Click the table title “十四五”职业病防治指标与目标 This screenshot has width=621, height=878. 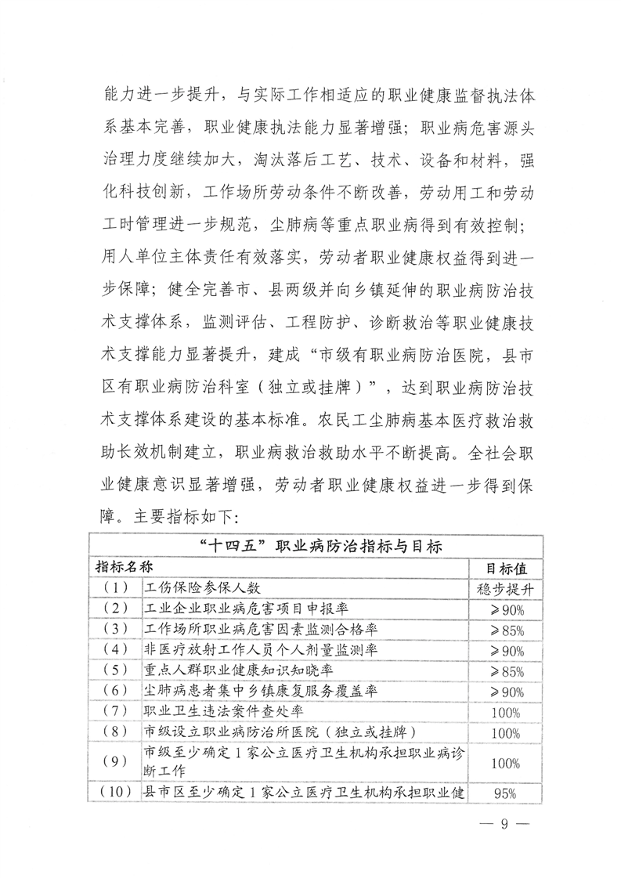point(316,545)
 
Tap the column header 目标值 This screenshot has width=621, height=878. point(506,565)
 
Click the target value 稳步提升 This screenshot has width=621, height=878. point(506,587)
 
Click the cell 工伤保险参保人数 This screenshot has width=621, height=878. point(202,587)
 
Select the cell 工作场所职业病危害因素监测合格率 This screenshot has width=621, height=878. point(257,628)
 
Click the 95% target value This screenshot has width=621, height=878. point(506,793)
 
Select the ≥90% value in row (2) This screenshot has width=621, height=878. point(506,608)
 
